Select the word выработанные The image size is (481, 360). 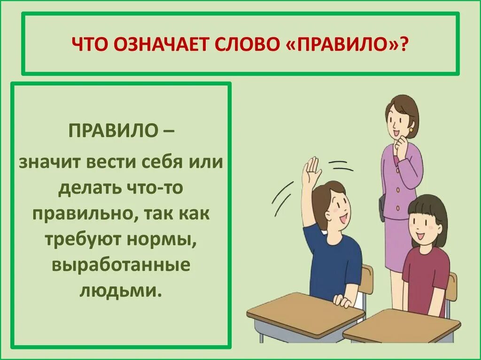121,264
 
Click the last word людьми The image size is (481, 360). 121,290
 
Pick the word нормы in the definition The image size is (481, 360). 163,239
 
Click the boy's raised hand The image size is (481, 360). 311,170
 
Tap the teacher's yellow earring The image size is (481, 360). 411,129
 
